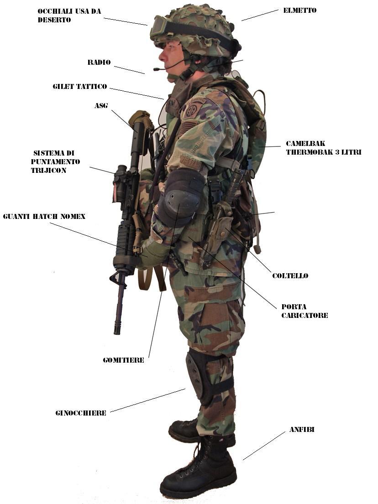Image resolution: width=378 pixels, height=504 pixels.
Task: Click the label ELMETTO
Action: tap(299, 10)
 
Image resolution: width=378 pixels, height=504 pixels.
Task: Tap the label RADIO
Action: tap(99, 62)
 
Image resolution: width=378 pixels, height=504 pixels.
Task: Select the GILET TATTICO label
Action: tap(80, 87)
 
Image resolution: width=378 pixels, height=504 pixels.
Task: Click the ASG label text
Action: tap(101, 105)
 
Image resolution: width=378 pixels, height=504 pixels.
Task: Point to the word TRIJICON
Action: tap(48, 171)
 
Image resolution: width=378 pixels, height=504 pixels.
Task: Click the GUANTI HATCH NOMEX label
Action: tap(44, 216)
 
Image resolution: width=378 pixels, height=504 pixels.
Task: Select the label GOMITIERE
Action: tap(124, 360)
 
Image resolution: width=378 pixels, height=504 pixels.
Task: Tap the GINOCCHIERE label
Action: tap(81, 413)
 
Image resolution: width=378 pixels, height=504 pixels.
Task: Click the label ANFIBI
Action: tap(302, 430)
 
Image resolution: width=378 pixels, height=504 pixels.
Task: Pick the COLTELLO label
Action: tap(290, 276)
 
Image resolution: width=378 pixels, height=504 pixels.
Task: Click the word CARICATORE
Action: tap(304, 315)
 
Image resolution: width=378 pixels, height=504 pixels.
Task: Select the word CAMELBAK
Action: tap(305, 143)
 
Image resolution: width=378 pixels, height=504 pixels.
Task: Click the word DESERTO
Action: tap(54, 20)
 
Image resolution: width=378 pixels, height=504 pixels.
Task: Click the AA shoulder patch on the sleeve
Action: tap(192, 110)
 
